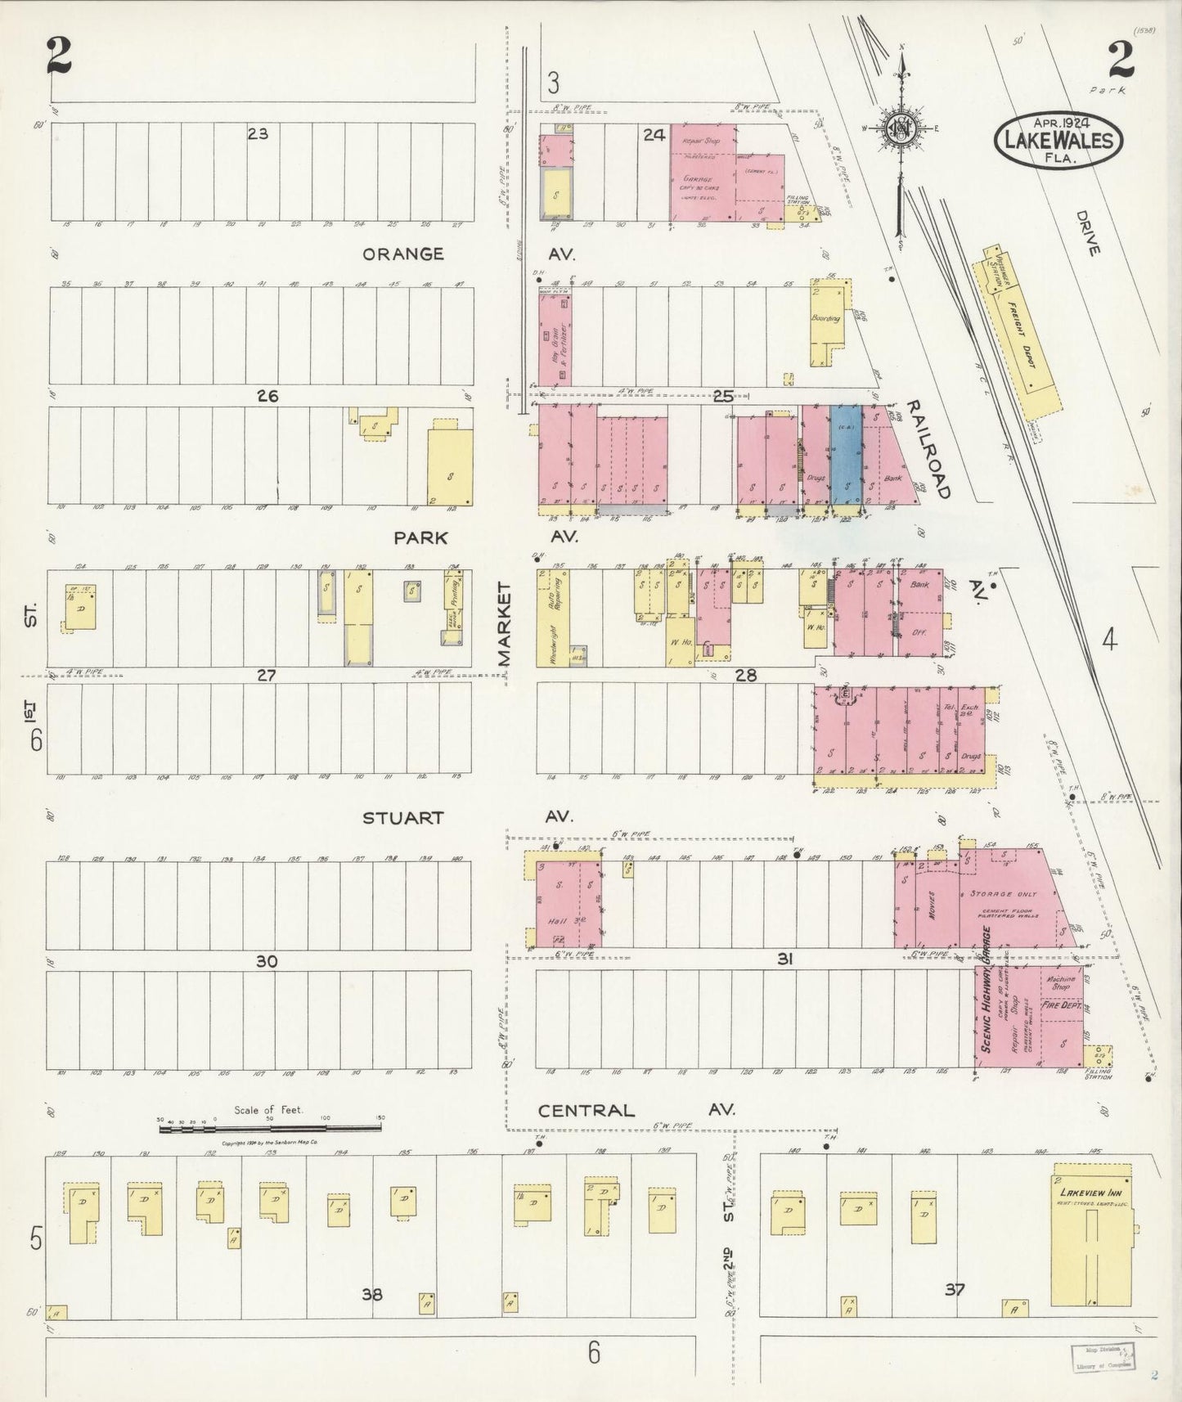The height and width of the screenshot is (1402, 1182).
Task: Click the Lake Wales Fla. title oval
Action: (1058, 140)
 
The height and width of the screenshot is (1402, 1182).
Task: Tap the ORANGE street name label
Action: (402, 254)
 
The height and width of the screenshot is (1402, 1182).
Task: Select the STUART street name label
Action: (402, 817)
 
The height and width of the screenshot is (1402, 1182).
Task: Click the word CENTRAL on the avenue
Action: (586, 1110)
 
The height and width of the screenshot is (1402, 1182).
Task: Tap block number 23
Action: (258, 133)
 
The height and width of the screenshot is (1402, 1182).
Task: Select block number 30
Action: (267, 961)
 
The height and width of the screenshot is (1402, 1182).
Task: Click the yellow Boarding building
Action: (829, 321)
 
